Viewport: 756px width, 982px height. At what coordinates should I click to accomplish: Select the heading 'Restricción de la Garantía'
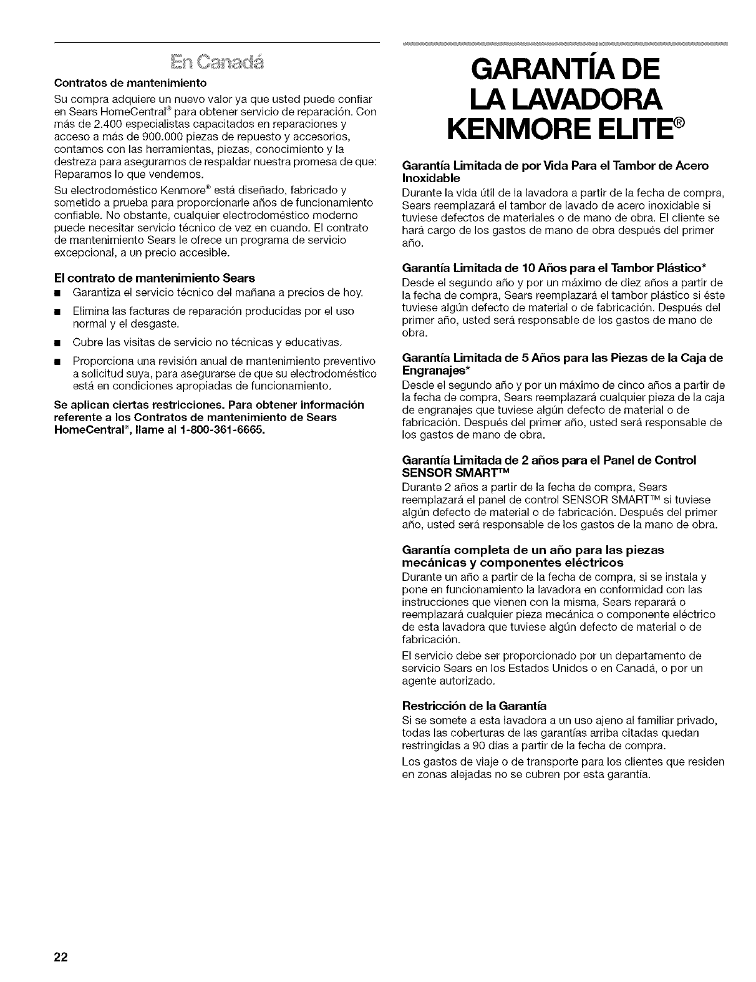click(x=475, y=706)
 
